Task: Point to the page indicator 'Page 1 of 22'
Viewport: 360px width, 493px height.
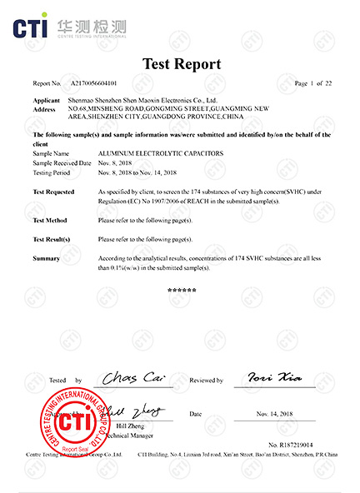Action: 314,84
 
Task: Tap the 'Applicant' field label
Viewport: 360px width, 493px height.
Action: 47,100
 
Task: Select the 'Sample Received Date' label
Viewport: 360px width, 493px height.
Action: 61,163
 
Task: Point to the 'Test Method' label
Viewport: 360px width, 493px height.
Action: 50,220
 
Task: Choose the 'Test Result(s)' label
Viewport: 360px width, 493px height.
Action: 51,239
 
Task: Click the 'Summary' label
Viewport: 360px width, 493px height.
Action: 46,259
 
